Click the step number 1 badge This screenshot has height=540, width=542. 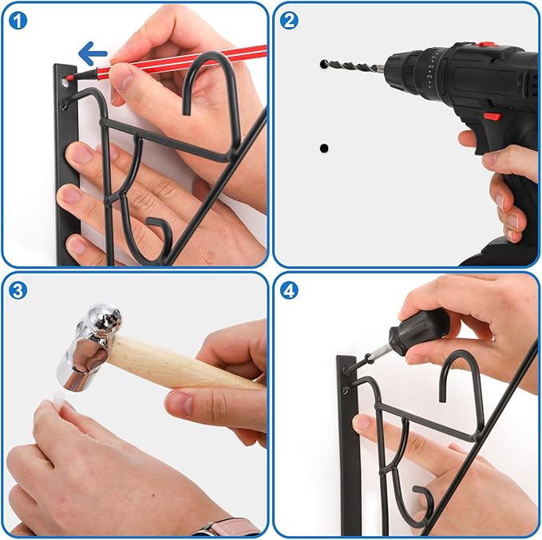click(x=18, y=21)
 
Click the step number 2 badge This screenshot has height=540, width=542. click(x=289, y=20)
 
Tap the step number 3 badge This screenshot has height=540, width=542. click(x=18, y=290)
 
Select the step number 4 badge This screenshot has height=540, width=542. click(x=289, y=290)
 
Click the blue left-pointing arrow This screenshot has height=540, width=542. click(x=93, y=53)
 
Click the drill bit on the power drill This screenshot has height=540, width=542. click(x=353, y=65)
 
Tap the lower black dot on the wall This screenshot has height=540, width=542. click(x=324, y=148)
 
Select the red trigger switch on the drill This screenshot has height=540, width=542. click(x=492, y=116)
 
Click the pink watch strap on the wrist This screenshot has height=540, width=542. click(x=227, y=528)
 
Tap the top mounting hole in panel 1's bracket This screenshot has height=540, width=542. click(x=65, y=83)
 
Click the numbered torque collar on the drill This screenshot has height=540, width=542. click(x=429, y=70)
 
